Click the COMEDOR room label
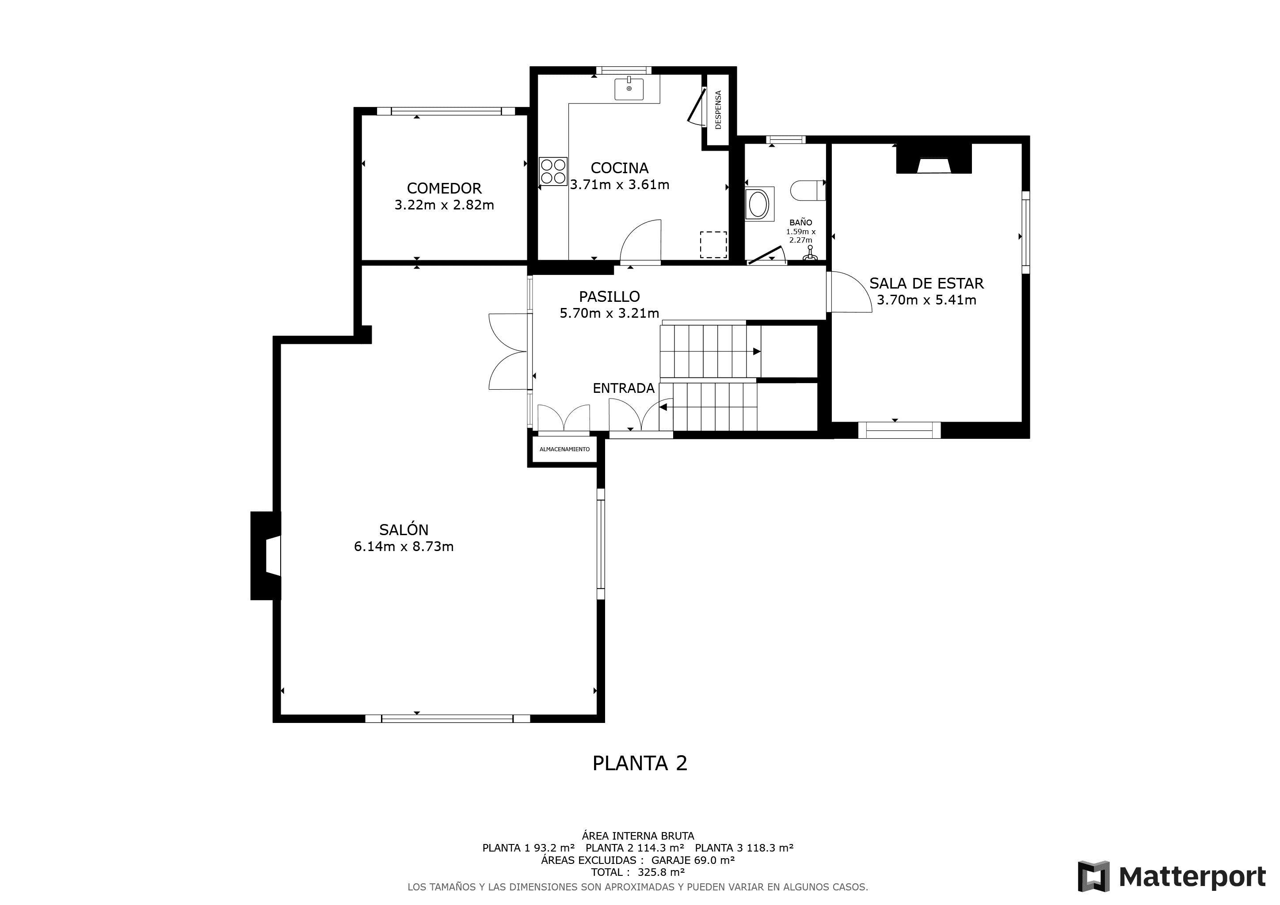tap(444, 188)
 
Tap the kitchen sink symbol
tap(629, 89)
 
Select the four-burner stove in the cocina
tap(553, 171)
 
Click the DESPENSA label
tap(718, 110)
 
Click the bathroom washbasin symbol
tap(758, 205)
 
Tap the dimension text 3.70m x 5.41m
tap(926, 300)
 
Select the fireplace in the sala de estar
tap(934, 160)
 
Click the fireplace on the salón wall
tap(266, 555)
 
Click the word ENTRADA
tap(623, 388)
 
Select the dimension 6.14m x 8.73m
tap(404, 547)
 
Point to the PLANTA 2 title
tap(640, 763)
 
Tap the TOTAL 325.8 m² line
tap(638, 872)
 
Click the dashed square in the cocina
tap(713, 245)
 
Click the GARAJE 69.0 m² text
tap(693, 860)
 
